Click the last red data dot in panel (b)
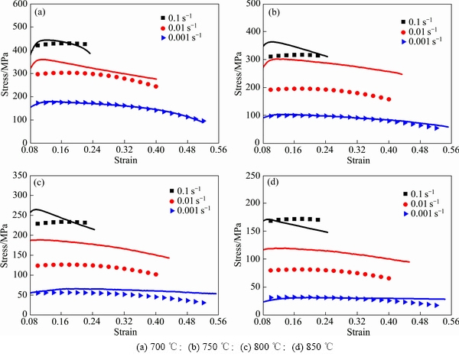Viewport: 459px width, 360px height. tap(389, 99)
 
